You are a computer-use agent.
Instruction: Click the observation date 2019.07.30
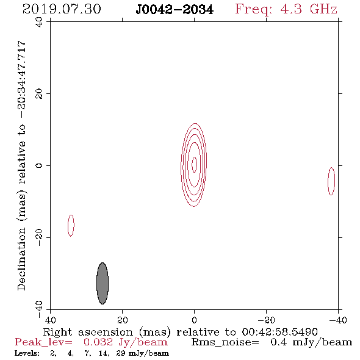(x=62, y=9)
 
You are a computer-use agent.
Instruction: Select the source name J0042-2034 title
(x=175, y=10)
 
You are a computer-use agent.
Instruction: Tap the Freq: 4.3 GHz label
(x=286, y=9)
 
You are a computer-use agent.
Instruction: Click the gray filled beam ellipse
(x=103, y=283)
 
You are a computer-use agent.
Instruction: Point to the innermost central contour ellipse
(x=192, y=164)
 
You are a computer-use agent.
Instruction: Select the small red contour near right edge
(x=328, y=181)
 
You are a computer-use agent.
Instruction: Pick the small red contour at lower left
(x=68, y=226)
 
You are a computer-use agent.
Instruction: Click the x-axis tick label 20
(x=123, y=320)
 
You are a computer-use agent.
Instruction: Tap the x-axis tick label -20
(x=267, y=320)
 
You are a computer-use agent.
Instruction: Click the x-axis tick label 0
(x=195, y=320)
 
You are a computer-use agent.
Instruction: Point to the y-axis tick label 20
(x=39, y=94)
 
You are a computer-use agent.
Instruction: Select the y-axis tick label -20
(x=39, y=237)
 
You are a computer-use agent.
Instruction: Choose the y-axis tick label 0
(x=39, y=165)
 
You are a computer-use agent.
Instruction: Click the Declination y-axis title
(x=21, y=165)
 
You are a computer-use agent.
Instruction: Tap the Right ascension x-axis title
(x=181, y=332)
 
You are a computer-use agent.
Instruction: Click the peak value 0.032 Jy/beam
(x=125, y=342)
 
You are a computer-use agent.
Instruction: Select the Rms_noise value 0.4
(x=278, y=342)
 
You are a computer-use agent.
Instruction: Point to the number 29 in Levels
(x=121, y=353)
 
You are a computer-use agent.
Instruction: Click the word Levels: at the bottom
(x=27, y=353)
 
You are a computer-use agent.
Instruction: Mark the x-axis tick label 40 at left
(x=50, y=320)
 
